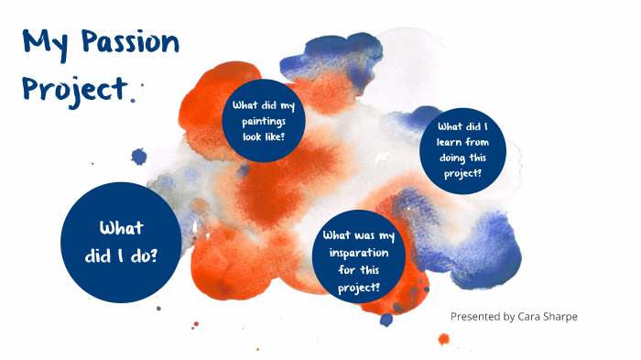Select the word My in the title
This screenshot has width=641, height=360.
pyautogui.click(x=44, y=44)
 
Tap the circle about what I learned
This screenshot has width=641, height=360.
pyautogui.click(x=462, y=151)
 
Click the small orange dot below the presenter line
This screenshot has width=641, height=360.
pyautogui.click(x=444, y=338)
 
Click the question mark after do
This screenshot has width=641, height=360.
pyautogui.click(x=152, y=256)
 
